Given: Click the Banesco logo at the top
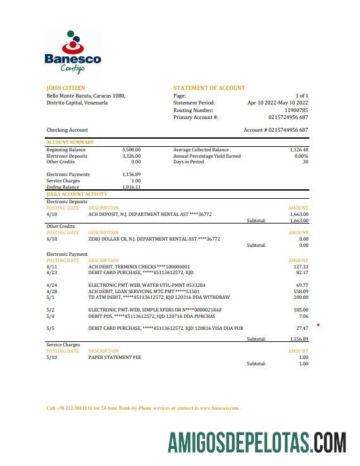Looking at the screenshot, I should [72, 56].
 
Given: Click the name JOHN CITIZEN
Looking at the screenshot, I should [66, 88].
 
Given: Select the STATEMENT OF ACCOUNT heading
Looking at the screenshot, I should [209, 88].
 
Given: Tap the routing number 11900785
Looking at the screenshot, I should [296, 110].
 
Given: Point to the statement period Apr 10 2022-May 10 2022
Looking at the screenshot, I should [278, 103].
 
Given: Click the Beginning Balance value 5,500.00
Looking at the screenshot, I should [131, 150].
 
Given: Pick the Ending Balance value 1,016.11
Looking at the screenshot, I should [131, 187].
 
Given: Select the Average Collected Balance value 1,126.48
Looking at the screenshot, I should [297, 150].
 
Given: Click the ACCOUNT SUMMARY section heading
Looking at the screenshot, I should [70, 142].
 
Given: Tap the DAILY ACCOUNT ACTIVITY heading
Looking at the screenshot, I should [77, 194].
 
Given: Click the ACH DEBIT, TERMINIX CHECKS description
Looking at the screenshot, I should [139, 267].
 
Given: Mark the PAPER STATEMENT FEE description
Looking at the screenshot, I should [115, 357].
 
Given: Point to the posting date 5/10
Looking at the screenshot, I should [52, 357].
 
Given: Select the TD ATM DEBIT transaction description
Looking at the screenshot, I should [159, 297].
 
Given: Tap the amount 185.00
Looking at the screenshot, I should [300, 310].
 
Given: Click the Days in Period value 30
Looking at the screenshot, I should [305, 161].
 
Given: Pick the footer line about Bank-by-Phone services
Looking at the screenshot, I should [142, 408].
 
